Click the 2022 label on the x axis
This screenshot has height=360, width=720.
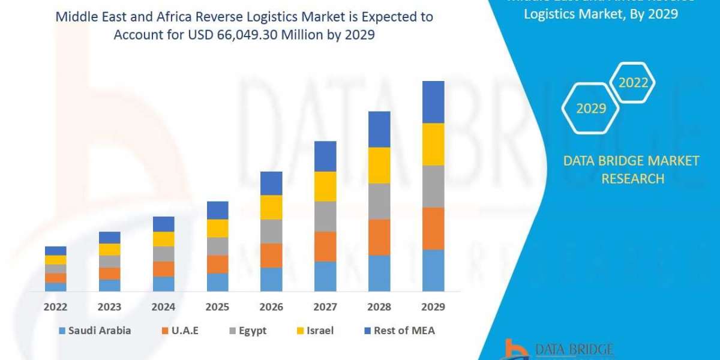(55, 307)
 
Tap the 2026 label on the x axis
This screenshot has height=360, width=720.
(271, 307)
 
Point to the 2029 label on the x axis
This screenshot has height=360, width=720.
(433, 307)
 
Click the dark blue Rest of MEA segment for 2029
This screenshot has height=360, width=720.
(433, 102)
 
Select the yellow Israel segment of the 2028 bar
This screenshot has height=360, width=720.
(379, 165)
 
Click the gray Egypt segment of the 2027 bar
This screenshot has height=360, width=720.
(325, 216)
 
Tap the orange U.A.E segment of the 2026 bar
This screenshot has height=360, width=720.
(271, 255)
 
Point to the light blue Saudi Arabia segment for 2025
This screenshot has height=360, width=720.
(217, 282)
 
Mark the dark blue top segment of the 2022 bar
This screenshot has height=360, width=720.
(55, 251)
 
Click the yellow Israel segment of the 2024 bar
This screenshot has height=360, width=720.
(163, 239)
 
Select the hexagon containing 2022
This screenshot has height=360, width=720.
(633, 83)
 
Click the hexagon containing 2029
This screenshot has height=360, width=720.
(591, 108)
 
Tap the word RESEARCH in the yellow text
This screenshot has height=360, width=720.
(632, 178)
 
